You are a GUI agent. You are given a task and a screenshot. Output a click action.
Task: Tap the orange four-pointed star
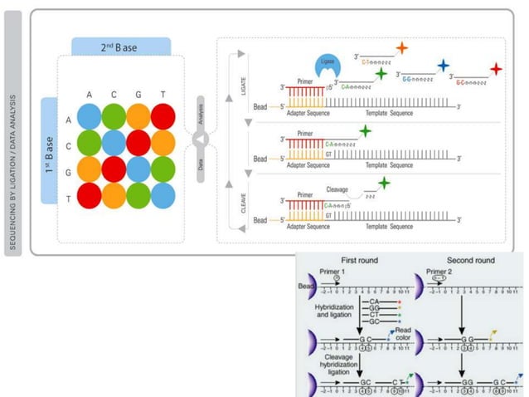(401, 48)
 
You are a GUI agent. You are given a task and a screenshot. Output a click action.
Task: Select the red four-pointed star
(496, 69)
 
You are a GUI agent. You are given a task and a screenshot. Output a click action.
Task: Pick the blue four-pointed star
(444, 66)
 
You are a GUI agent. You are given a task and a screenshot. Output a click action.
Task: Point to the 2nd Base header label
(121, 47)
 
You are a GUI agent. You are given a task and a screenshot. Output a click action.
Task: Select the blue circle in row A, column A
(90, 116)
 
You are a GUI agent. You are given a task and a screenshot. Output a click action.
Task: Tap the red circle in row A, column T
(163, 116)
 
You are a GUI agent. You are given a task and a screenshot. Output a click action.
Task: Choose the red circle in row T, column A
(90, 196)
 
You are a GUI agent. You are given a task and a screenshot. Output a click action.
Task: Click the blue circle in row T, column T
(163, 196)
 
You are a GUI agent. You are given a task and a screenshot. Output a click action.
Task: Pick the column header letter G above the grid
(138, 95)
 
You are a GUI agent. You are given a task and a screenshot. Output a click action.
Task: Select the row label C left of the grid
(68, 144)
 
